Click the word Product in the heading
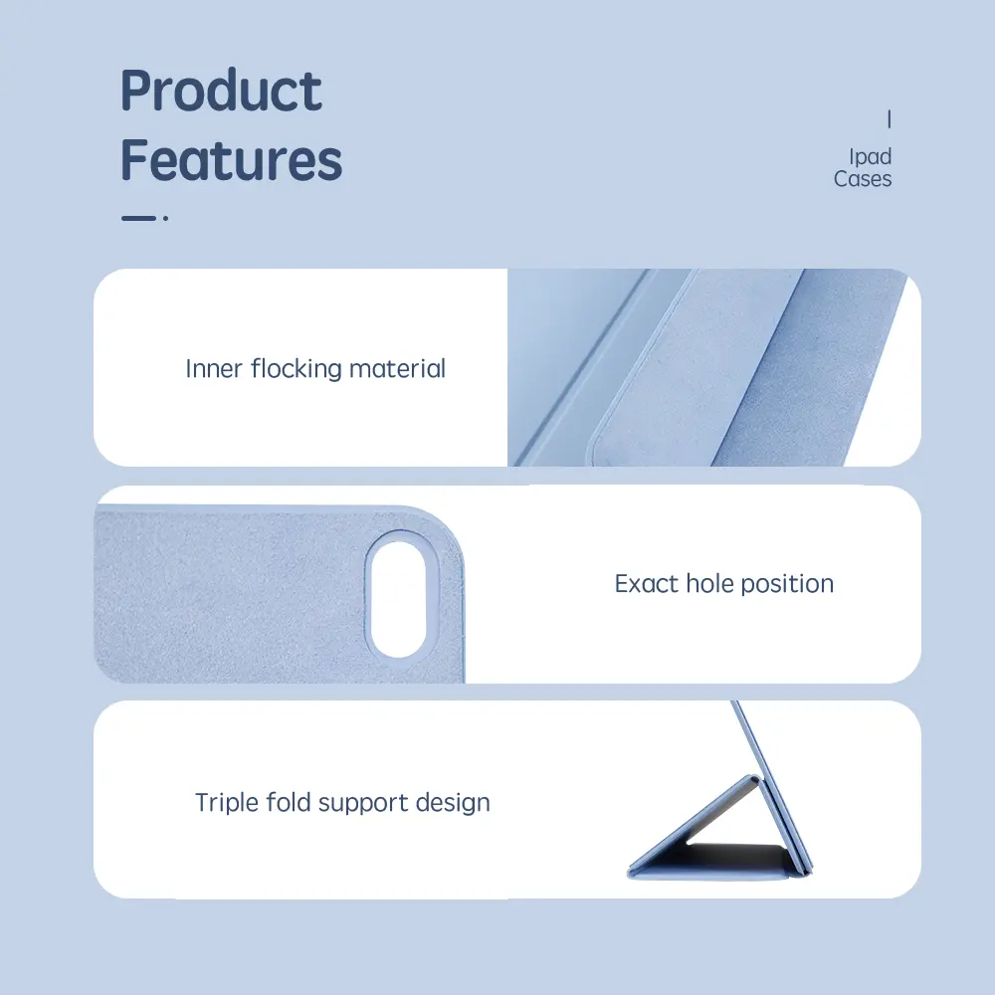[222, 91]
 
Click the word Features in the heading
[232, 159]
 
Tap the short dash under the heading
[138, 218]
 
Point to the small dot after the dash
[165, 218]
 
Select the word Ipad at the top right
[870, 156]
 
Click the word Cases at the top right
[863, 179]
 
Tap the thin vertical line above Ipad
[890, 118]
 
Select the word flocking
[297, 369]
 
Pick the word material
[398, 369]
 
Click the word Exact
[647, 584]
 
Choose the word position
[787, 584]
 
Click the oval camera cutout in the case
[399, 600]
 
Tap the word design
[453, 803]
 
